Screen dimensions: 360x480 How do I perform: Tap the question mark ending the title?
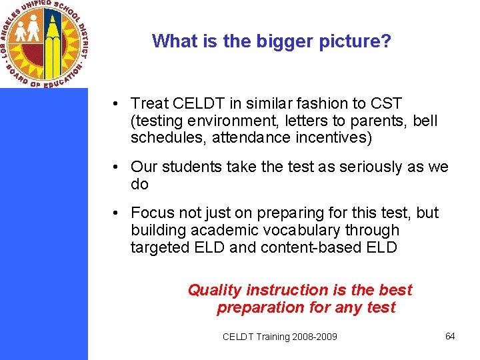click(x=386, y=41)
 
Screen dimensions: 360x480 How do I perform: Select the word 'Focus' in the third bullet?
click(x=151, y=213)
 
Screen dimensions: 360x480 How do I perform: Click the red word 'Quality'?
click(x=215, y=290)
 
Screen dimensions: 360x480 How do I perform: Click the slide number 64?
click(x=450, y=336)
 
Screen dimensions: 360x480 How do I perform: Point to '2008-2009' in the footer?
click(x=314, y=337)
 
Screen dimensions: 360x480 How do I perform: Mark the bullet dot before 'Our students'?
click(x=116, y=167)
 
